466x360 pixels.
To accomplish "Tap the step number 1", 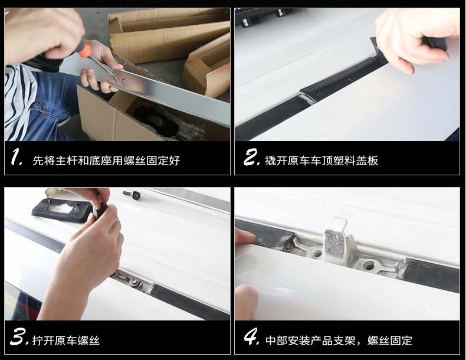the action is [x=17, y=157].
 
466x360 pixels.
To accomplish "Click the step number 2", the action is [x=252, y=157].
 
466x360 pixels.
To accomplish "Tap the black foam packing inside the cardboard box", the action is [x=157, y=122].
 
